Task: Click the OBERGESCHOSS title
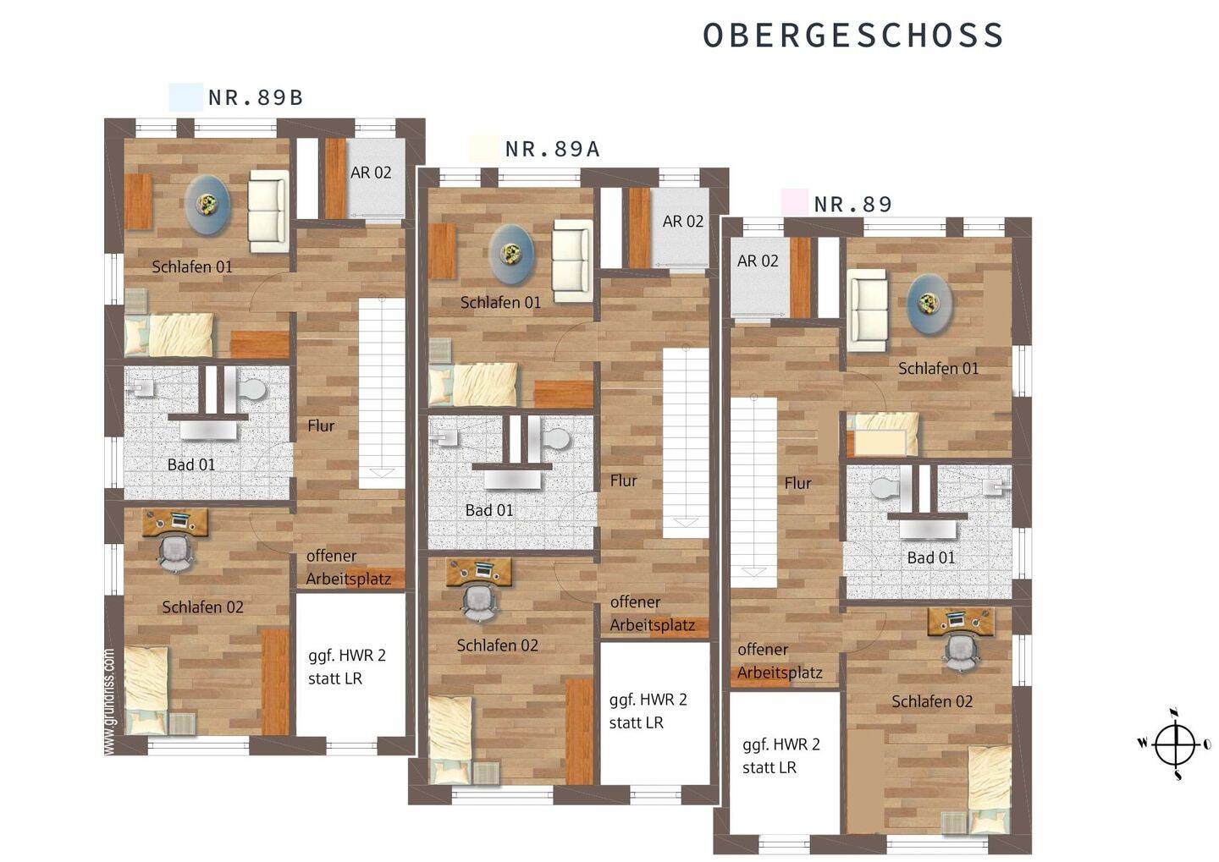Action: pyautogui.click(x=852, y=36)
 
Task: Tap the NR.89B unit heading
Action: pyautogui.click(x=256, y=98)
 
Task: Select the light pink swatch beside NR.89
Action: pyautogui.click(x=795, y=202)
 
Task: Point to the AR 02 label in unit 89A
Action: pyautogui.click(x=683, y=222)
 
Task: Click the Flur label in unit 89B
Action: pyautogui.click(x=321, y=426)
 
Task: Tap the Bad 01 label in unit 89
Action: pyautogui.click(x=931, y=557)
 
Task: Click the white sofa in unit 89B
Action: pyautogui.click(x=268, y=211)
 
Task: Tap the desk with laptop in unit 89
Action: pyautogui.click(x=961, y=621)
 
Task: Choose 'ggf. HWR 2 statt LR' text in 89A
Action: pyautogui.click(x=648, y=711)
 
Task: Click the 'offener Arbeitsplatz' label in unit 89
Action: pyautogui.click(x=780, y=661)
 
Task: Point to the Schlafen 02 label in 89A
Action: pyautogui.click(x=498, y=645)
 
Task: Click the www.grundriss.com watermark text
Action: pyautogui.click(x=109, y=701)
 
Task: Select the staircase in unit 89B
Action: pyautogui.click(x=382, y=393)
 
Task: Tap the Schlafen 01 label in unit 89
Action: pyautogui.click(x=938, y=369)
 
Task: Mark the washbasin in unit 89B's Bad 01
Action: pyautogui.click(x=208, y=431)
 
